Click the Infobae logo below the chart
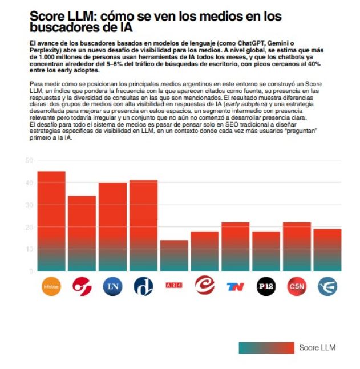(51, 286)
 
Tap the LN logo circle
(113, 286)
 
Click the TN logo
(235, 286)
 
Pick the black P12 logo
(266, 286)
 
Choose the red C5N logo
(297, 286)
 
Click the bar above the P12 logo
(266, 251)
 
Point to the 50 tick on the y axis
(29, 160)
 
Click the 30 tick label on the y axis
(29, 205)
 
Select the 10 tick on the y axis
(29, 249)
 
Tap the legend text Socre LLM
(317, 347)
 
